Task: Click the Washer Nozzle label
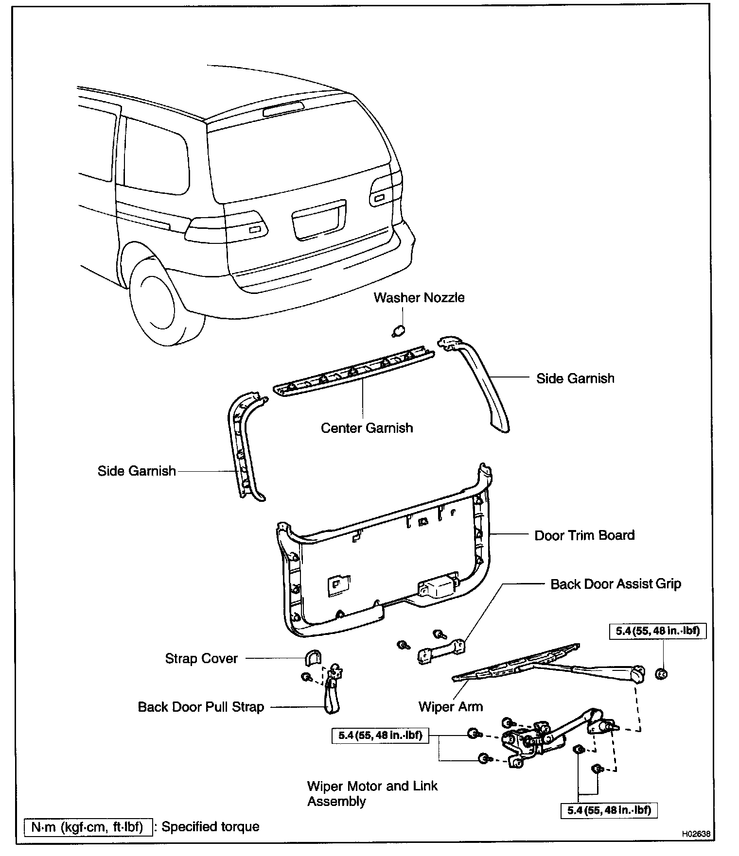[x=419, y=298]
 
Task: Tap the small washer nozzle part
[x=398, y=331]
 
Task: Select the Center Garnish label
[x=367, y=428]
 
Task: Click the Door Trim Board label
[x=584, y=535]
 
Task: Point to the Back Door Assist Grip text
[x=616, y=584]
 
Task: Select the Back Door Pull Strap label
[x=201, y=707]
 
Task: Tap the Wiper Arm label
[x=451, y=706]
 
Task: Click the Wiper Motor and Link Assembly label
[x=372, y=793]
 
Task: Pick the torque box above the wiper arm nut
[x=657, y=631]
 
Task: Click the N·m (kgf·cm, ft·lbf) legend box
[x=88, y=827]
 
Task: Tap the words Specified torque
[x=210, y=827]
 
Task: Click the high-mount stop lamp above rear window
[x=283, y=109]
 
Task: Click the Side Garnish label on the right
[x=575, y=378]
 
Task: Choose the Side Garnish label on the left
[x=137, y=471]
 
